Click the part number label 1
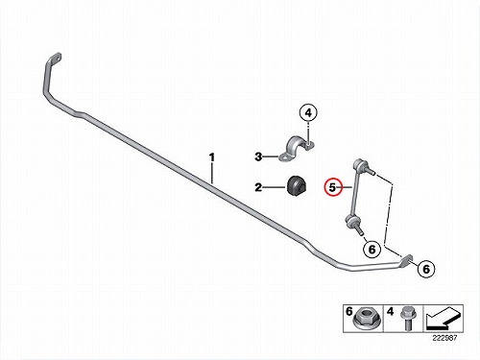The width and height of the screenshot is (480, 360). coord(211,157)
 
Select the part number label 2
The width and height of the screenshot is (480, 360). coord(258,187)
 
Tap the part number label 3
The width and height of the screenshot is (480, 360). coord(258,156)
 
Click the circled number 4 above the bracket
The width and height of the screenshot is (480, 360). coord(308,112)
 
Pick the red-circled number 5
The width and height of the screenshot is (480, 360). coord(333,187)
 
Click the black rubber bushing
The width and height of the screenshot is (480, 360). coord(296,186)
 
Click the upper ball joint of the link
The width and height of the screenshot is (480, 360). coord(358,164)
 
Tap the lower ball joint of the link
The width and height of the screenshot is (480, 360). coord(352,221)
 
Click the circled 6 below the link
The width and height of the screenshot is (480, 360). coord(372,249)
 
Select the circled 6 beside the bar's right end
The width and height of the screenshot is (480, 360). coord(426,269)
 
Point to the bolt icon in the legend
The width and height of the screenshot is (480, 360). coord(408,319)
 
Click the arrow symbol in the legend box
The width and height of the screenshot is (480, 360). coord(444,319)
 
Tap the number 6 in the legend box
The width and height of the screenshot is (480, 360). coord(348,311)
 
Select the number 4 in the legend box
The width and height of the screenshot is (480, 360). coord(391,311)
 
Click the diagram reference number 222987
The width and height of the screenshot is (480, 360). coord(444,338)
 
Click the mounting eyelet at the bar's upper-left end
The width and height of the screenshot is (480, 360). coord(55,60)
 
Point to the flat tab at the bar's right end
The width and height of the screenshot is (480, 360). coord(406,259)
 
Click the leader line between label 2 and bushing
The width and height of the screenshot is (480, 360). coord(274,187)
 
